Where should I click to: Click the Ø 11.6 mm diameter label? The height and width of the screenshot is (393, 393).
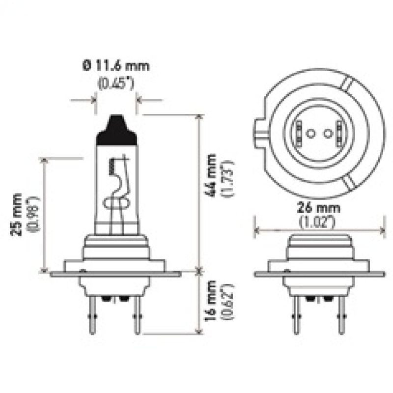(x=116, y=65)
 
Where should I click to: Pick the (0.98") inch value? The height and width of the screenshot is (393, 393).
(x=33, y=214)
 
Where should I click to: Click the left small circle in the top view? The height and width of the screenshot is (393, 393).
(x=310, y=133)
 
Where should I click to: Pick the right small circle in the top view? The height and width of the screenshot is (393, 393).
(x=327, y=133)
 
